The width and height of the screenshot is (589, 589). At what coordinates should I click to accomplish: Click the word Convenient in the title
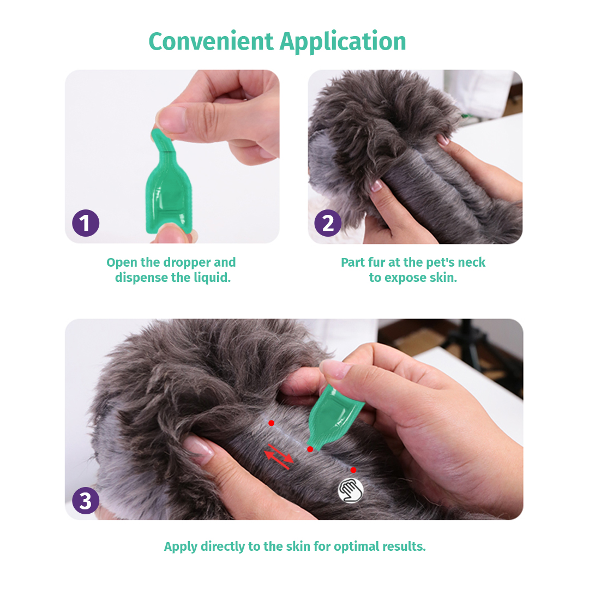pos(211,41)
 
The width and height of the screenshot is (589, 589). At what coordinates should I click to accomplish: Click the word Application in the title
pos(343,41)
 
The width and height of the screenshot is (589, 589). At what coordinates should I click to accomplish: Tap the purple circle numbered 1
pos(86,223)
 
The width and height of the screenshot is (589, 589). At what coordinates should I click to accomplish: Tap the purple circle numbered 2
pos(328,223)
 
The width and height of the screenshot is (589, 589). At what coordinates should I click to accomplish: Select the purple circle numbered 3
pos(86,501)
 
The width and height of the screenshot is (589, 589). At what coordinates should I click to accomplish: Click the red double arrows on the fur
pos(279,456)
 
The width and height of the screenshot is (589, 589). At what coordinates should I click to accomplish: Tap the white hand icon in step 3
pos(351,490)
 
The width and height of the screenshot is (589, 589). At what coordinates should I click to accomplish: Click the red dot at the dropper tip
pos(310,449)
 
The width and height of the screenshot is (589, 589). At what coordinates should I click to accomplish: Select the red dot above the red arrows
pos(271,423)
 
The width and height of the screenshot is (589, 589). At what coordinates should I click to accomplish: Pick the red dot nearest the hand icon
pos(353,470)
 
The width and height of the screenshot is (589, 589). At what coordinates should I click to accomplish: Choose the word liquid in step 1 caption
pos(212,278)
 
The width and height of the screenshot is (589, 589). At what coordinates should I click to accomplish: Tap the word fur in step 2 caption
pos(372,262)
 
